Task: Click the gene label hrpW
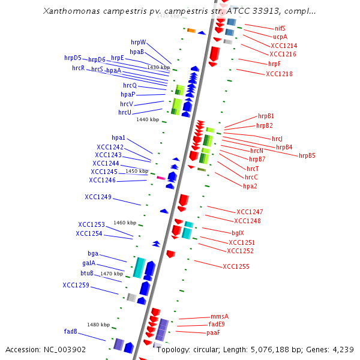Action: click(139, 42)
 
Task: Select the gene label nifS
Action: click(280, 28)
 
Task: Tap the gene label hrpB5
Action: click(307, 155)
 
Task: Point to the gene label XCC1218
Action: click(279, 74)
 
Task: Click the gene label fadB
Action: click(71, 331)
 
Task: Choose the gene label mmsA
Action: click(220, 316)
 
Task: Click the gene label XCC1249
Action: click(98, 197)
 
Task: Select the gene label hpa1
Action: click(118, 138)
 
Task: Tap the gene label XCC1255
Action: click(236, 266)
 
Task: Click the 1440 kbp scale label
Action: click(147, 119)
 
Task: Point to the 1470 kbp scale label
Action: click(112, 274)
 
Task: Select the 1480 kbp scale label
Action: click(98, 325)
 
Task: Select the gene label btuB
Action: click(87, 273)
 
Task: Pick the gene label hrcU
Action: click(125, 112)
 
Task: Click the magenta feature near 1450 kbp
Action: click(160, 178)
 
